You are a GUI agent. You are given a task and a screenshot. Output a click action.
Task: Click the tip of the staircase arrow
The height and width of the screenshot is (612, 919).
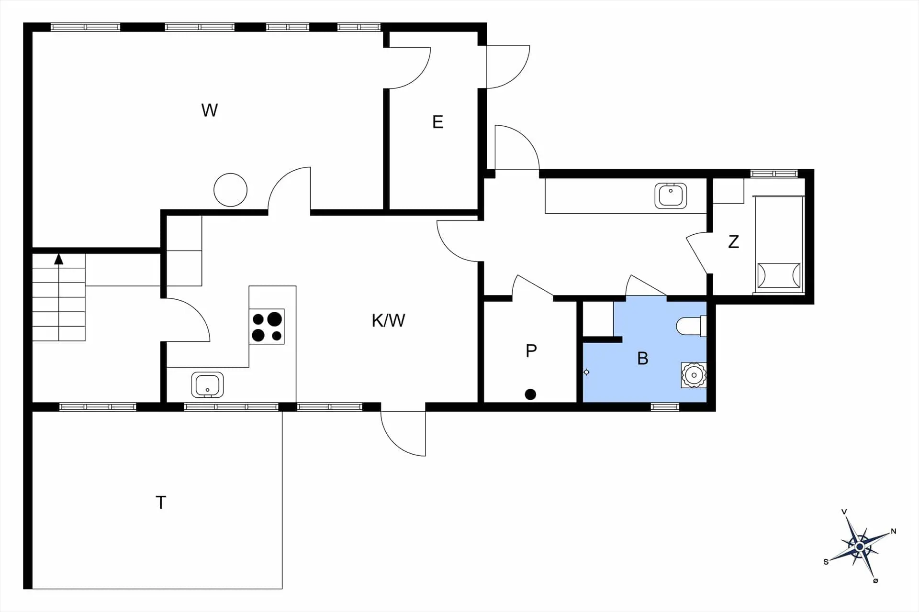[x=59, y=254]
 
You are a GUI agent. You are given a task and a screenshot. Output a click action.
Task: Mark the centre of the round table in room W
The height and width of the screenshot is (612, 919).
[x=230, y=190]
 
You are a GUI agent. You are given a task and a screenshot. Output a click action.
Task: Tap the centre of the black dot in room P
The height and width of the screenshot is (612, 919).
[x=530, y=394]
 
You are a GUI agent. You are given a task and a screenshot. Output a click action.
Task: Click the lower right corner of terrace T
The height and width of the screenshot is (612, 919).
[x=282, y=589]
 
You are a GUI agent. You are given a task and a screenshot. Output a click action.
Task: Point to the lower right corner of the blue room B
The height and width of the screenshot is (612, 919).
[x=706, y=403]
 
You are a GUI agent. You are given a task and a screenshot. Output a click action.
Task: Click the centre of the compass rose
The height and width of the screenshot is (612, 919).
[x=860, y=546]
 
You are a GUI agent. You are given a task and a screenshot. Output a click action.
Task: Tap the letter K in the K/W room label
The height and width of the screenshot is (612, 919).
[x=377, y=320]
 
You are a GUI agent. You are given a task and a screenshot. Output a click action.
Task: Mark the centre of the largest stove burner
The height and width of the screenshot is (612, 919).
[x=274, y=319]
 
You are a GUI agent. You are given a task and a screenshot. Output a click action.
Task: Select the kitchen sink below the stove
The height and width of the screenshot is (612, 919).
[x=207, y=385]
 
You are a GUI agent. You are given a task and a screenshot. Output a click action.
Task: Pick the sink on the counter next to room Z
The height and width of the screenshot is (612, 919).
[x=671, y=195]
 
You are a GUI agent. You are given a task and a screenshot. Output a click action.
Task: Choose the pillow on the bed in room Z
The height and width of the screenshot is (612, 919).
[x=779, y=275]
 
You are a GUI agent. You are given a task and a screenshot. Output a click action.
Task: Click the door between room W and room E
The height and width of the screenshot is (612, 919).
[x=408, y=68]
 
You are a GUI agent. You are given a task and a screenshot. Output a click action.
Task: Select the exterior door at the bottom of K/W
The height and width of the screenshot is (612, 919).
[x=403, y=434]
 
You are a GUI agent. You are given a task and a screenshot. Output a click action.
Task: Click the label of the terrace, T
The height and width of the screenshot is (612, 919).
[x=161, y=503]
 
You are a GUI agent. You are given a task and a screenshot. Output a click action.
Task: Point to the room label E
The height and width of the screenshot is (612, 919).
[x=437, y=122]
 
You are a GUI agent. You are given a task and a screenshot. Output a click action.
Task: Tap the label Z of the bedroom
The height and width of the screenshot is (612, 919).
[x=733, y=241]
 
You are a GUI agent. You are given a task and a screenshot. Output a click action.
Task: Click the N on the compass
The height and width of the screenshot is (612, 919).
[x=893, y=531]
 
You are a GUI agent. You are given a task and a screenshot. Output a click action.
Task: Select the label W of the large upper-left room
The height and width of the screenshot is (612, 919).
[x=210, y=110]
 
